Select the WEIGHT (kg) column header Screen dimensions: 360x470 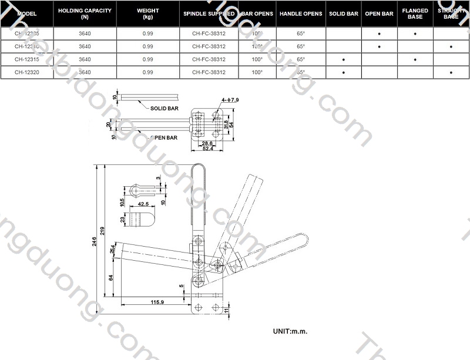[x=147, y=14]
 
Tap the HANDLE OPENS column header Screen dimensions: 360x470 [x=301, y=14]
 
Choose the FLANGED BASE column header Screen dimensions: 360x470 [x=415, y=14]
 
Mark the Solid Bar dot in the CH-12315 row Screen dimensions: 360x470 [x=343, y=59]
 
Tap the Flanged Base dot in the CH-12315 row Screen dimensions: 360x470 [x=415, y=59]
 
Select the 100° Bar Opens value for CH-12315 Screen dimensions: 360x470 [x=257, y=59]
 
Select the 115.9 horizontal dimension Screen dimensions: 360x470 [x=157, y=302]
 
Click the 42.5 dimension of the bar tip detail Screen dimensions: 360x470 [x=142, y=204]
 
